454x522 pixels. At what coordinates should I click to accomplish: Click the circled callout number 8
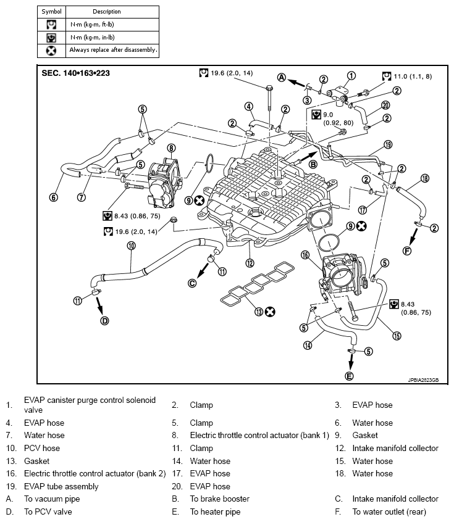171,148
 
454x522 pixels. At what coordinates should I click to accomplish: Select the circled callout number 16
305,255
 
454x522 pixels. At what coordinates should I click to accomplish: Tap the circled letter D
104,321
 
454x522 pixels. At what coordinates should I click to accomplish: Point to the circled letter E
349,376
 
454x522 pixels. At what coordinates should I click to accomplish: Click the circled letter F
407,251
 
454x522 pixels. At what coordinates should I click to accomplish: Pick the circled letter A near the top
282,78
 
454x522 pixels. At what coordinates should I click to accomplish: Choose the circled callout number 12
250,263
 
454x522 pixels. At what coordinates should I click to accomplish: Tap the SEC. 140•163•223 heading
75,73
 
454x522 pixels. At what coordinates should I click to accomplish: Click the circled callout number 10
132,246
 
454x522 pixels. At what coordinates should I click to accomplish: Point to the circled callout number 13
259,312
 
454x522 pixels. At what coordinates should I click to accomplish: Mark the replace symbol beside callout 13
270,312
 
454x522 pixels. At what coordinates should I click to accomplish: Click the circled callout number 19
388,144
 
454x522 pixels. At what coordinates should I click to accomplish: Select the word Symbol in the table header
51,12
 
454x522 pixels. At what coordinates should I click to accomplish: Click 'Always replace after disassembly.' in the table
113,50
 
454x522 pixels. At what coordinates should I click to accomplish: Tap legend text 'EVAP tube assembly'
61,486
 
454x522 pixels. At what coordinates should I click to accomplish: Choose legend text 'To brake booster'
220,499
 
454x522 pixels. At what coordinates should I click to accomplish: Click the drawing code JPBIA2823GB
423,380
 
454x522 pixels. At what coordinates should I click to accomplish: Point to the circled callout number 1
351,76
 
